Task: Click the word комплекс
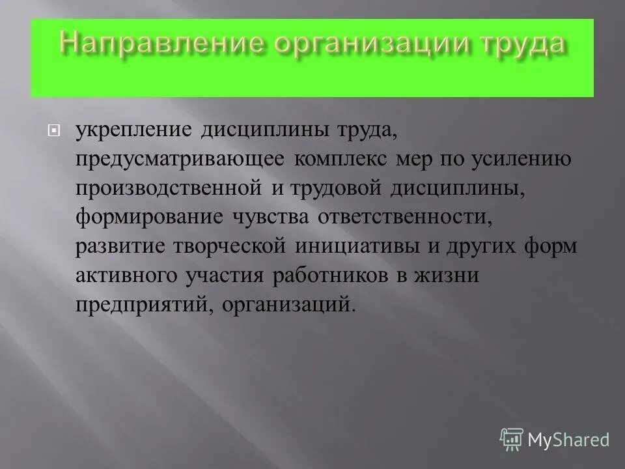(x=339, y=160)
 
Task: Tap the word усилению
(x=516, y=160)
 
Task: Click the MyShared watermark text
(x=569, y=440)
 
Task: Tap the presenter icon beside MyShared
(x=513, y=440)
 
